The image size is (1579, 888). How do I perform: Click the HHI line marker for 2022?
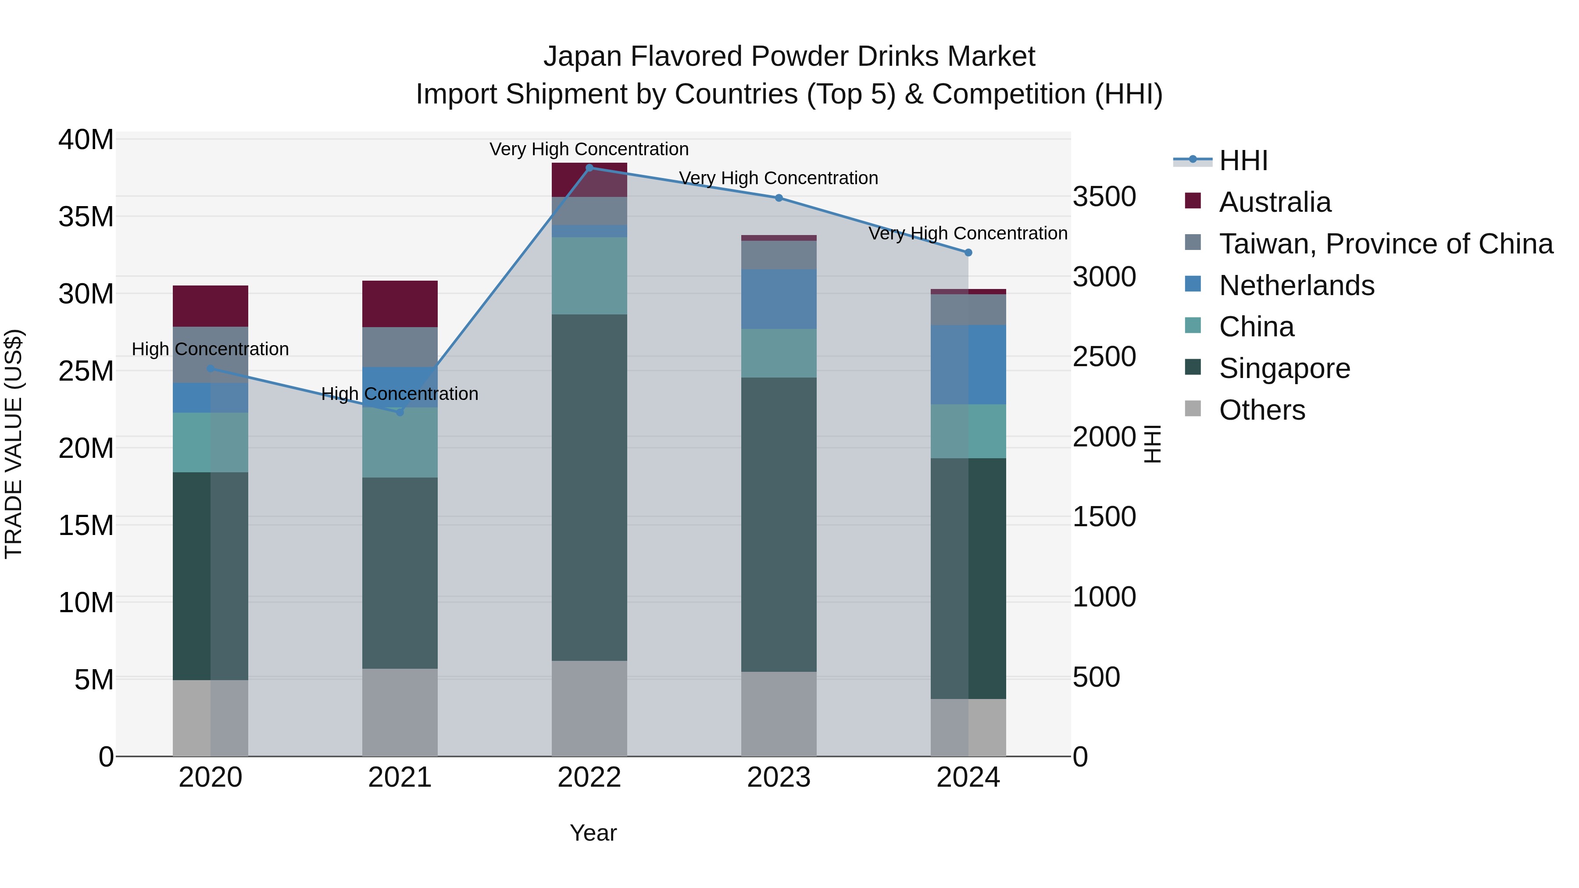point(589,168)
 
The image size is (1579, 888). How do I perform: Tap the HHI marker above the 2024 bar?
point(968,253)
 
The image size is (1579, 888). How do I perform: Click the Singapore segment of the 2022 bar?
point(589,487)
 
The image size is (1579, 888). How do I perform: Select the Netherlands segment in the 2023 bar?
point(779,299)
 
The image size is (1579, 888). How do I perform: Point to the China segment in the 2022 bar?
point(589,276)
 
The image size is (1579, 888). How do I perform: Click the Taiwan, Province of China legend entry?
point(1385,244)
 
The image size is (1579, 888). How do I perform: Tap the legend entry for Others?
point(1261,410)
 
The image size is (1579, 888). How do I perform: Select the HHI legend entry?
point(1243,160)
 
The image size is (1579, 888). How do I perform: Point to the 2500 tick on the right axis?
point(1104,357)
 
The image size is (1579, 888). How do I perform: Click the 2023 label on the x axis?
point(779,777)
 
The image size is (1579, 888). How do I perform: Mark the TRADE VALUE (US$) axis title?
point(14,444)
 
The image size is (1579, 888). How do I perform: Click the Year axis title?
point(593,833)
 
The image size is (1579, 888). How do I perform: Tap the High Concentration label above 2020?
point(210,349)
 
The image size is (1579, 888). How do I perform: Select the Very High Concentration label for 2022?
point(589,149)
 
